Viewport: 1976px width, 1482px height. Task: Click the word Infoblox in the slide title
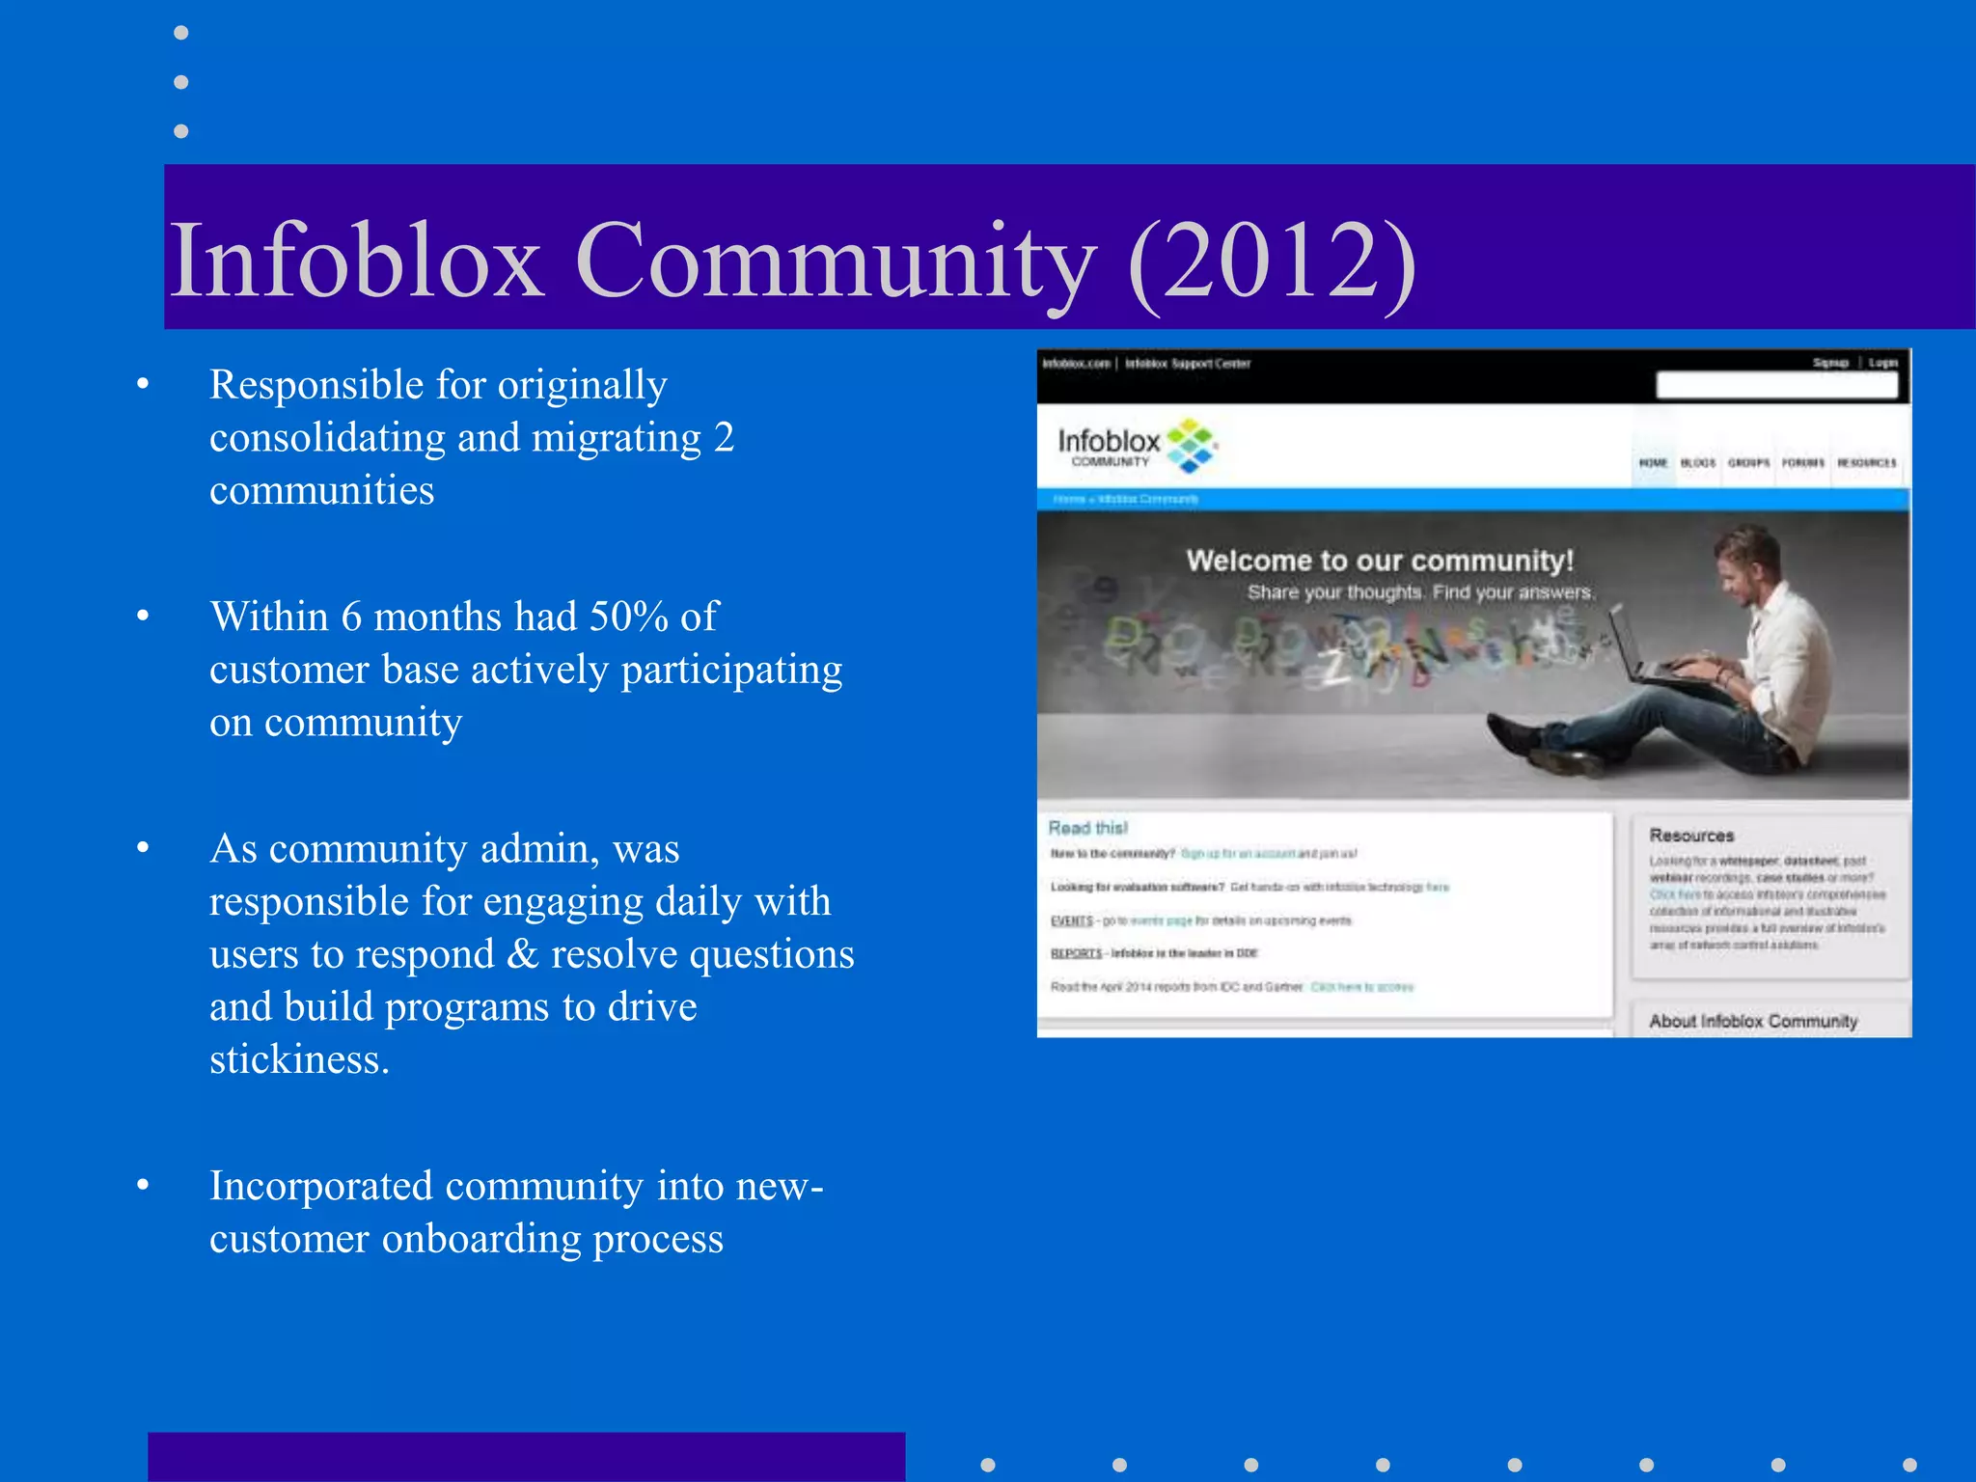pyautogui.click(x=355, y=261)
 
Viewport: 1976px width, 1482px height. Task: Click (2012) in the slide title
pyautogui.click(x=1272, y=261)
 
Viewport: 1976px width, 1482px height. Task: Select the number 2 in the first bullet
pyautogui.click(x=724, y=437)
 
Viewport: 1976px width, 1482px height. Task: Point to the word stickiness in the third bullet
pyautogui.click(x=299, y=1059)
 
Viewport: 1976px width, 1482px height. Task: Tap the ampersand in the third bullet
pyautogui.click(x=522, y=954)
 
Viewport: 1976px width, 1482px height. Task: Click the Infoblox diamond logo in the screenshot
pyautogui.click(x=1191, y=446)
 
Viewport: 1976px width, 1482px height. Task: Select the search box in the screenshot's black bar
pyautogui.click(x=1776, y=386)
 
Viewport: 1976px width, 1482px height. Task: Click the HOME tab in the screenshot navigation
pyautogui.click(x=1653, y=463)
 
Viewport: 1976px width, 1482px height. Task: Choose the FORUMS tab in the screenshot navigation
pyautogui.click(x=1802, y=463)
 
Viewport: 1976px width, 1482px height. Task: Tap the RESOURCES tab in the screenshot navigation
pyautogui.click(x=1866, y=463)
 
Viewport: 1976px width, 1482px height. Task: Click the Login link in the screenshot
pyautogui.click(x=1882, y=364)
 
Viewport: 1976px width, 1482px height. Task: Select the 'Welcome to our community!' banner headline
pyautogui.click(x=1380, y=561)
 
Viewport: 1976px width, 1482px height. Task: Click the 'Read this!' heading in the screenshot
pyautogui.click(x=1087, y=828)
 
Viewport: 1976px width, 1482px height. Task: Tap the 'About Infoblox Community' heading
pyautogui.click(x=1752, y=1021)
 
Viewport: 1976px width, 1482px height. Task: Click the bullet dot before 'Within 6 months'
pyautogui.click(x=143, y=616)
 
